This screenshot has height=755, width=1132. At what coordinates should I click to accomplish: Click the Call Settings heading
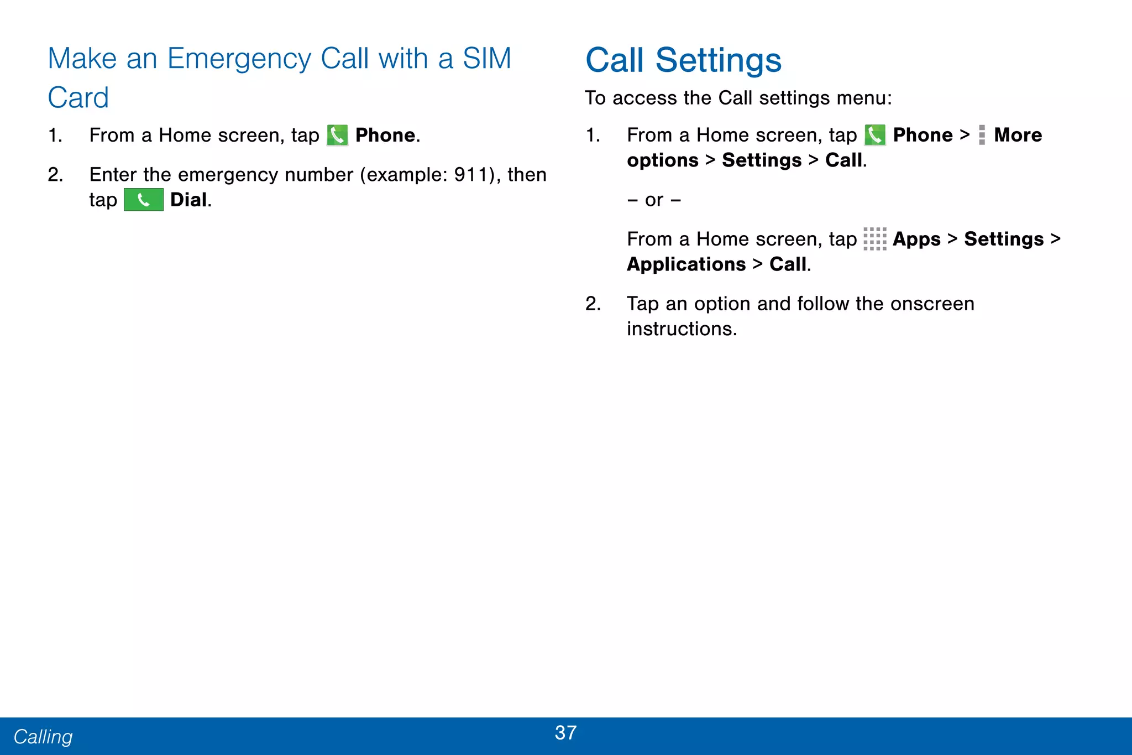tap(683, 60)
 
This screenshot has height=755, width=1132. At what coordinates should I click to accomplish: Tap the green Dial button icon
tap(143, 200)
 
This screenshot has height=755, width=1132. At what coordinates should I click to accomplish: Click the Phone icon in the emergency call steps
tap(337, 136)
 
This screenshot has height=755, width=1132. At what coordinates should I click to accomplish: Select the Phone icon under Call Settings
tap(874, 136)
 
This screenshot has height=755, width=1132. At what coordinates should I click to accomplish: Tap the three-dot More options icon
tap(982, 135)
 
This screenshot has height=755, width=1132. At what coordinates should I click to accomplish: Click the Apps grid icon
tap(874, 239)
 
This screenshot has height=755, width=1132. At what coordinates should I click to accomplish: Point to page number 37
tap(565, 733)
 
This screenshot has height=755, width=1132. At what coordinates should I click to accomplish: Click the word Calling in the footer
tap(43, 737)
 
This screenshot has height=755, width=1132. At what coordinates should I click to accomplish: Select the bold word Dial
tap(188, 200)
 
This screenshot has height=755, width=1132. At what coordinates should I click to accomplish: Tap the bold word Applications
tap(686, 264)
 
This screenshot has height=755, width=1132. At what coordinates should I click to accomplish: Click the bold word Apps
tap(916, 239)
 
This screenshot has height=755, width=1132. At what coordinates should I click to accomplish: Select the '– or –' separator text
tap(654, 200)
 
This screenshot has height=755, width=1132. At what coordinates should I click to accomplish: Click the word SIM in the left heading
tap(486, 59)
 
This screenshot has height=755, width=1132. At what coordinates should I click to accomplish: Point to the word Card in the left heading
tap(78, 98)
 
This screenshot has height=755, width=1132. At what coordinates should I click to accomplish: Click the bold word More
tap(1018, 135)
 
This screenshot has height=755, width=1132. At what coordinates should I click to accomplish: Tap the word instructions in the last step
tap(681, 329)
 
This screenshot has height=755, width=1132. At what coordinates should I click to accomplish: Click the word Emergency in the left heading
tap(239, 59)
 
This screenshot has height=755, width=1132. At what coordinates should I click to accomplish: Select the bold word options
tap(662, 160)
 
